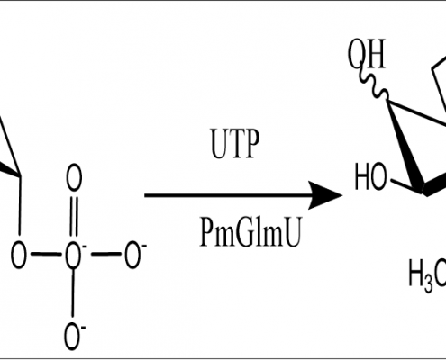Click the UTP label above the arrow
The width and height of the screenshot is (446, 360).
point(235,143)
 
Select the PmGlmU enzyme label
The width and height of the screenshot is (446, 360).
point(250,232)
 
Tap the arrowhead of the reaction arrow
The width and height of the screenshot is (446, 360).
point(325,195)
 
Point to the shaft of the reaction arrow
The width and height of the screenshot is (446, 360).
point(227,195)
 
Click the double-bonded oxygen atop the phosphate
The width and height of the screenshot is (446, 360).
point(74,177)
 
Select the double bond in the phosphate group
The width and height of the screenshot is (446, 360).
point(74,216)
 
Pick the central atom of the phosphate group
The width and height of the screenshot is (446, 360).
point(74,255)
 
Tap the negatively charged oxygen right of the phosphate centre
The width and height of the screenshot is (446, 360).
point(132,255)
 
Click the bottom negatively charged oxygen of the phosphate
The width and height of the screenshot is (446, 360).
point(73,336)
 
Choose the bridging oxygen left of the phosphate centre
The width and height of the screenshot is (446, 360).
point(19,255)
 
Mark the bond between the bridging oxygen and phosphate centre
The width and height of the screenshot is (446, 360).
point(46,255)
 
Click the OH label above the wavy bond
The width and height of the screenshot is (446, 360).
point(367,55)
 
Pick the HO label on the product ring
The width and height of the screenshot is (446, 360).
point(370,176)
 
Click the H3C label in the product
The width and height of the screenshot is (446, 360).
point(427,275)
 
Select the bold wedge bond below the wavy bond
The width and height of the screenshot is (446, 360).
point(405,147)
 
